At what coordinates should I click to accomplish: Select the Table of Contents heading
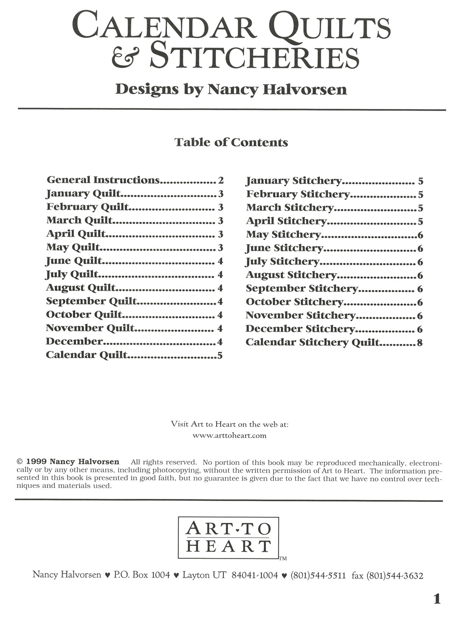pyautogui.click(x=231, y=142)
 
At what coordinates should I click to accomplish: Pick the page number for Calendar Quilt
pyautogui.click(x=220, y=356)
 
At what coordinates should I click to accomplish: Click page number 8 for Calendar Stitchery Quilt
pyautogui.click(x=420, y=343)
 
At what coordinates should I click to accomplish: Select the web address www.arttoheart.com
pyautogui.click(x=229, y=436)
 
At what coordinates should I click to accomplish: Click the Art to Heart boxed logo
pyautogui.click(x=228, y=538)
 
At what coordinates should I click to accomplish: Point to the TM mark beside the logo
pyautogui.click(x=283, y=558)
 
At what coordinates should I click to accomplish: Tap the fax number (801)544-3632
pyautogui.click(x=395, y=576)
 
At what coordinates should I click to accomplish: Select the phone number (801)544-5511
pyautogui.click(x=318, y=576)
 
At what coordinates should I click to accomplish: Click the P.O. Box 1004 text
pyautogui.click(x=142, y=575)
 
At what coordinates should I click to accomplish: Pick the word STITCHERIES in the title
pyautogui.click(x=255, y=57)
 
